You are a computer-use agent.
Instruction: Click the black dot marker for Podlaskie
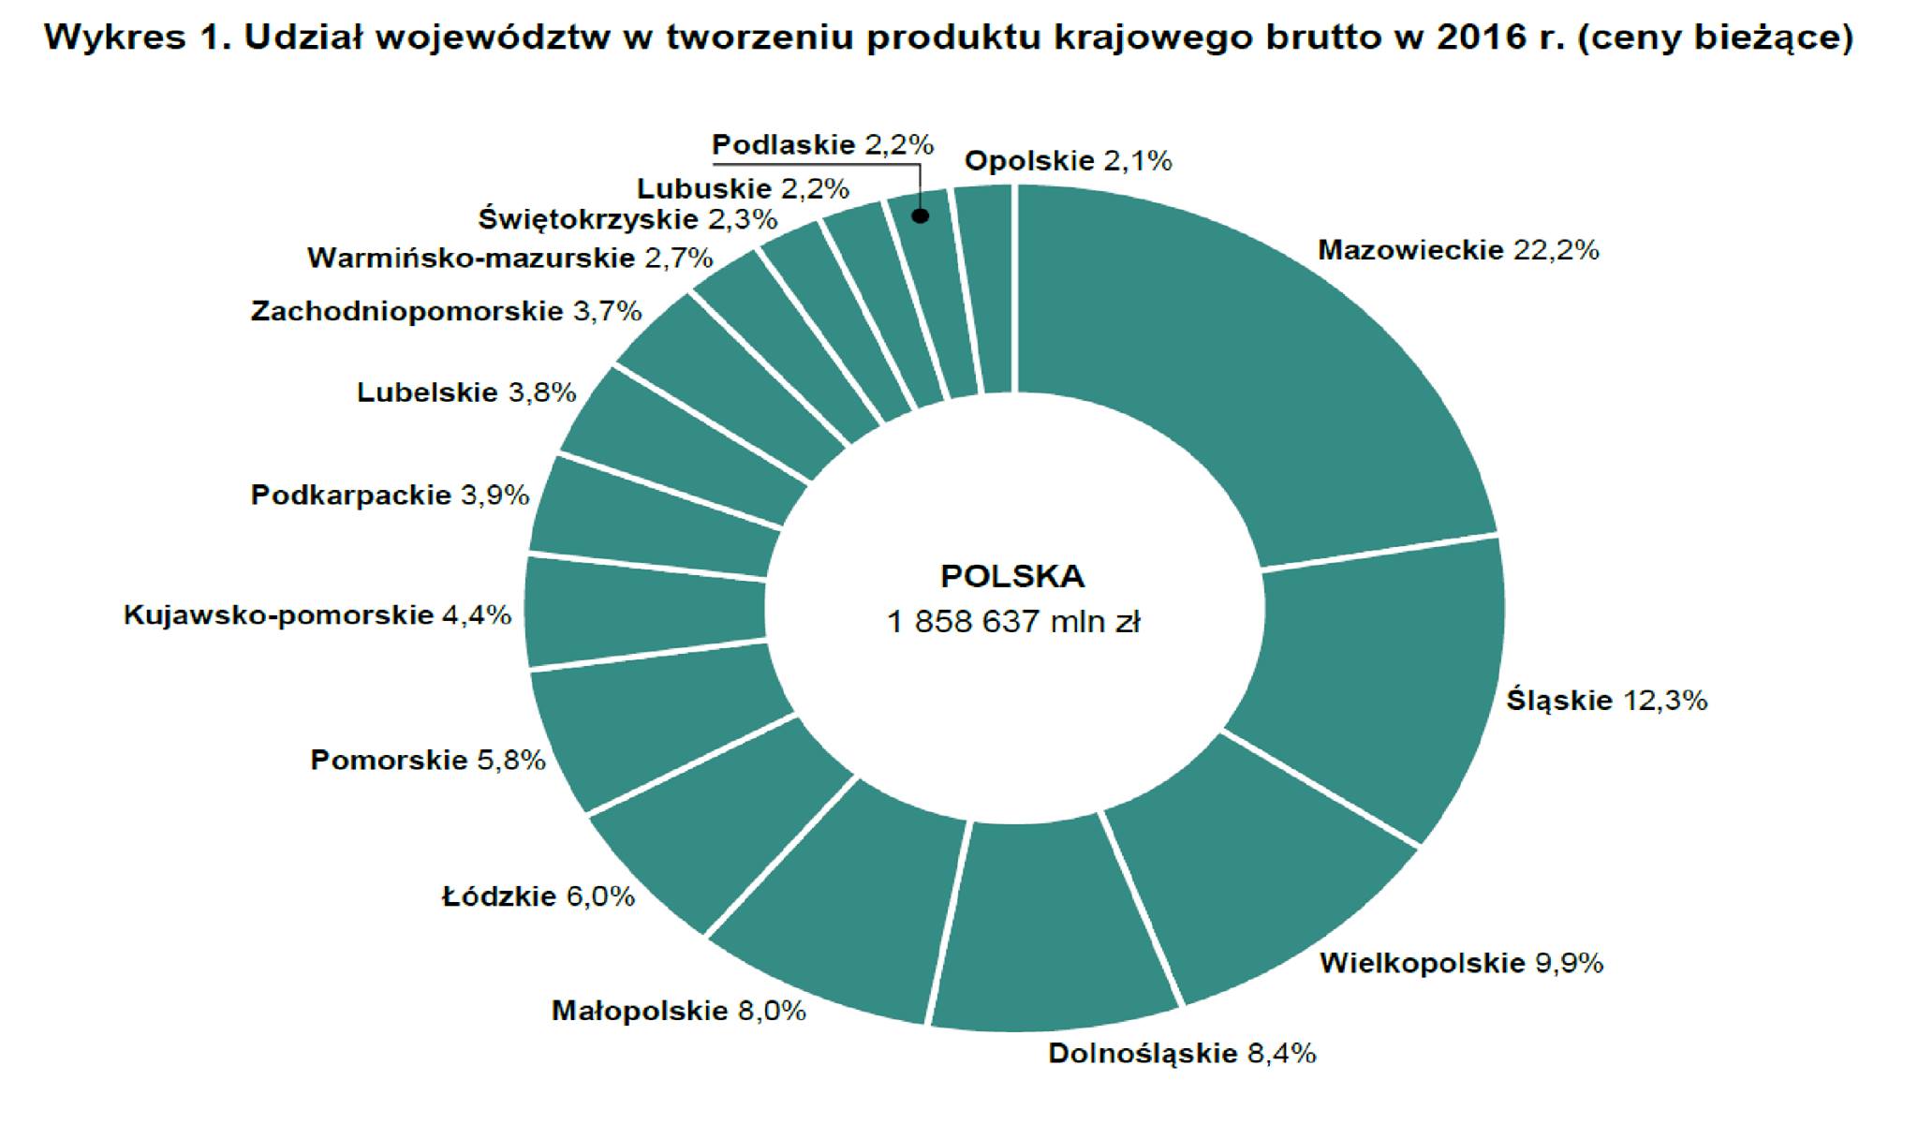(x=921, y=216)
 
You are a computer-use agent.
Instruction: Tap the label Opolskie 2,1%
(x=1068, y=161)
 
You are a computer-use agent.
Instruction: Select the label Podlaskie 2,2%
(x=822, y=145)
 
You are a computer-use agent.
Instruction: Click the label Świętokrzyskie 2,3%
(x=627, y=219)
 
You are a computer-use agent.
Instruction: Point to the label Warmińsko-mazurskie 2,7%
(x=510, y=258)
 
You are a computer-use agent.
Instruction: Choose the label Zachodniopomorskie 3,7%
(x=446, y=311)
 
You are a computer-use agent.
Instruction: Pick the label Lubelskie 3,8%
(x=466, y=392)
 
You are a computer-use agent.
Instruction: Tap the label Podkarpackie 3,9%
(x=390, y=495)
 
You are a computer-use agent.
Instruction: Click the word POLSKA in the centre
(x=1012, y=576)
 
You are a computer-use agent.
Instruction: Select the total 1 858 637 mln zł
(x=1013, y=622)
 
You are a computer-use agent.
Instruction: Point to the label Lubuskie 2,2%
(x=743, y=188)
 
